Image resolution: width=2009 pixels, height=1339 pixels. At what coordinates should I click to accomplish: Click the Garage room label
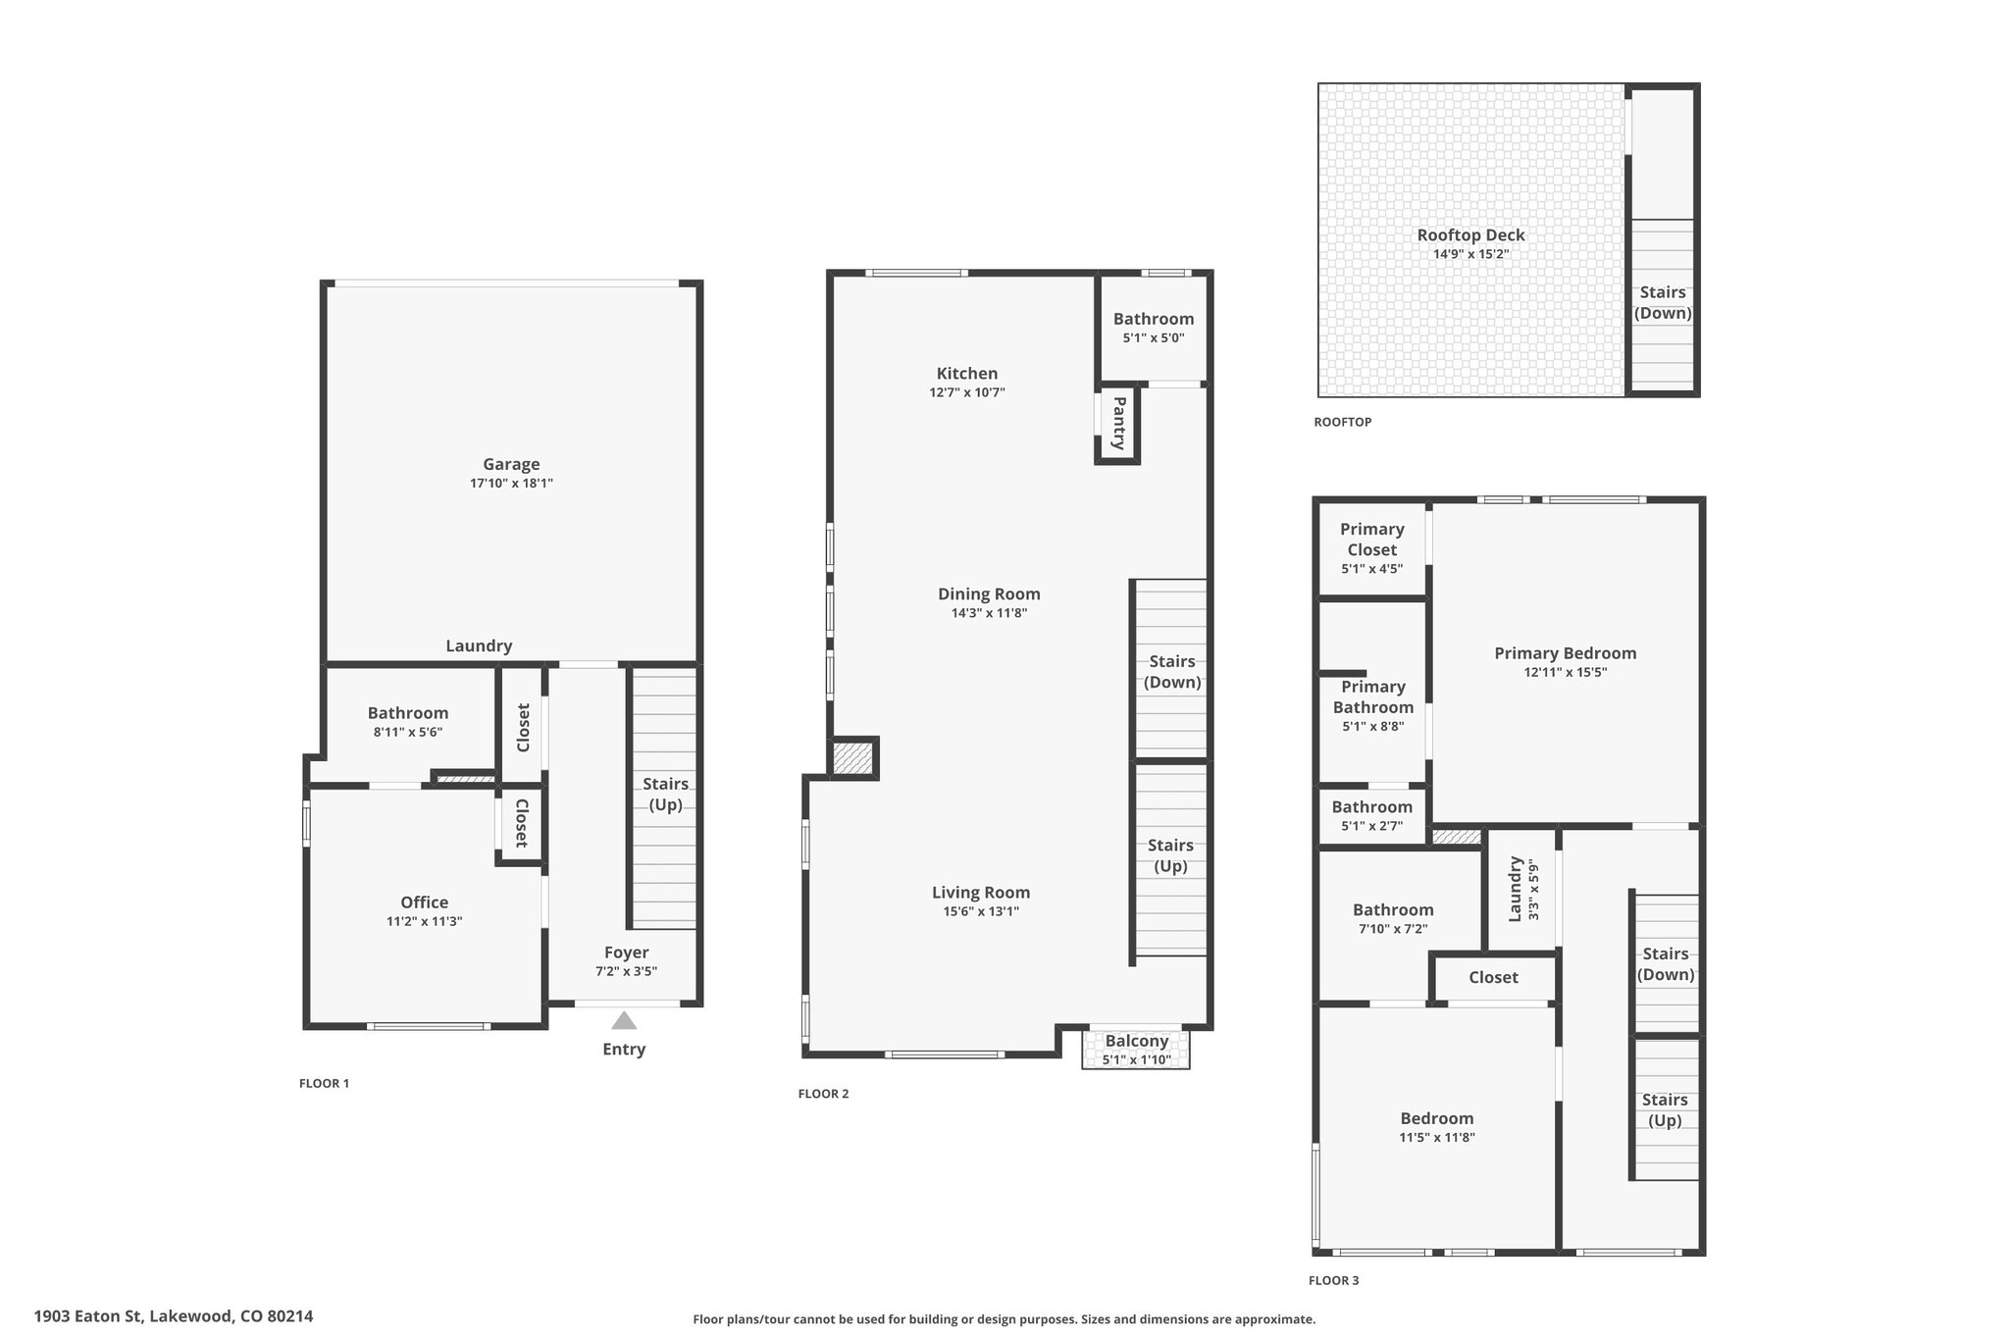coord(511,464)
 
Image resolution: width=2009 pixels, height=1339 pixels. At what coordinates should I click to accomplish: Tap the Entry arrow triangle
coord(624,1020)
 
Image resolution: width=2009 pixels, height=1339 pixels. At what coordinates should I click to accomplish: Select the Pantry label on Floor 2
coord(1118,423)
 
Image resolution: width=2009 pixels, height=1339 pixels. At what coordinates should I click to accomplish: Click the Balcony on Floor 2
coord(1136,1049)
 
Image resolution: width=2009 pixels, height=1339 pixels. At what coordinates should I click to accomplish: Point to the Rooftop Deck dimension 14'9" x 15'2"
coord(1470,254)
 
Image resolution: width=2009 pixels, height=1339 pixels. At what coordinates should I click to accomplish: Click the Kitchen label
coord(967,373)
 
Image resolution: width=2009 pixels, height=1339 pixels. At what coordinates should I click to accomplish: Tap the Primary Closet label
coord(1371,540)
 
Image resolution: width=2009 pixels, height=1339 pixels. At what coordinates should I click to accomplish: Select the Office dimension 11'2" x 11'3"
coord(424,921)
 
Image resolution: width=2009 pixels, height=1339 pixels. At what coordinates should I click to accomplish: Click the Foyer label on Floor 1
coord(626,953)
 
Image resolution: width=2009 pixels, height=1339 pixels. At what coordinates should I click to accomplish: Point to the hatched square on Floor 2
coord(851,758)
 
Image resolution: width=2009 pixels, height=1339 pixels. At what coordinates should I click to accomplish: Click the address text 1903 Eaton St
coord(89,1316)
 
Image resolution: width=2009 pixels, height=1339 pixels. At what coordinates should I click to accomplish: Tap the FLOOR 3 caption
coord(1334,1280)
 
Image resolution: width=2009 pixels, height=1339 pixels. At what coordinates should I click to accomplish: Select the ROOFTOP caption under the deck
coord(1343,422)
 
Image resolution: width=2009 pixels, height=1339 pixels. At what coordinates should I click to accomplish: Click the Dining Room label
coord(989,593)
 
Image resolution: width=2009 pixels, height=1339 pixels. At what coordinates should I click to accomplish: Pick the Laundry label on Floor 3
coord(1515,889)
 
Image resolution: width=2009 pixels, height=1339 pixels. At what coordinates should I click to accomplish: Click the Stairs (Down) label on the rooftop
coord(1663,302)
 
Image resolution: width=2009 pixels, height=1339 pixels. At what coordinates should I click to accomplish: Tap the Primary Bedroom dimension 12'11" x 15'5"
coord(1566,672)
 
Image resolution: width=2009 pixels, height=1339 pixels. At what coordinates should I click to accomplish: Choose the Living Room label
coord(981,892)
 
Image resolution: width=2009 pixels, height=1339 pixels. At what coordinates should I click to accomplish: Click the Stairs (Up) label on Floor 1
coord(666,795)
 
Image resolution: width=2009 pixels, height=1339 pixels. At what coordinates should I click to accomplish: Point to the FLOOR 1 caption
coord(324,1083)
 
